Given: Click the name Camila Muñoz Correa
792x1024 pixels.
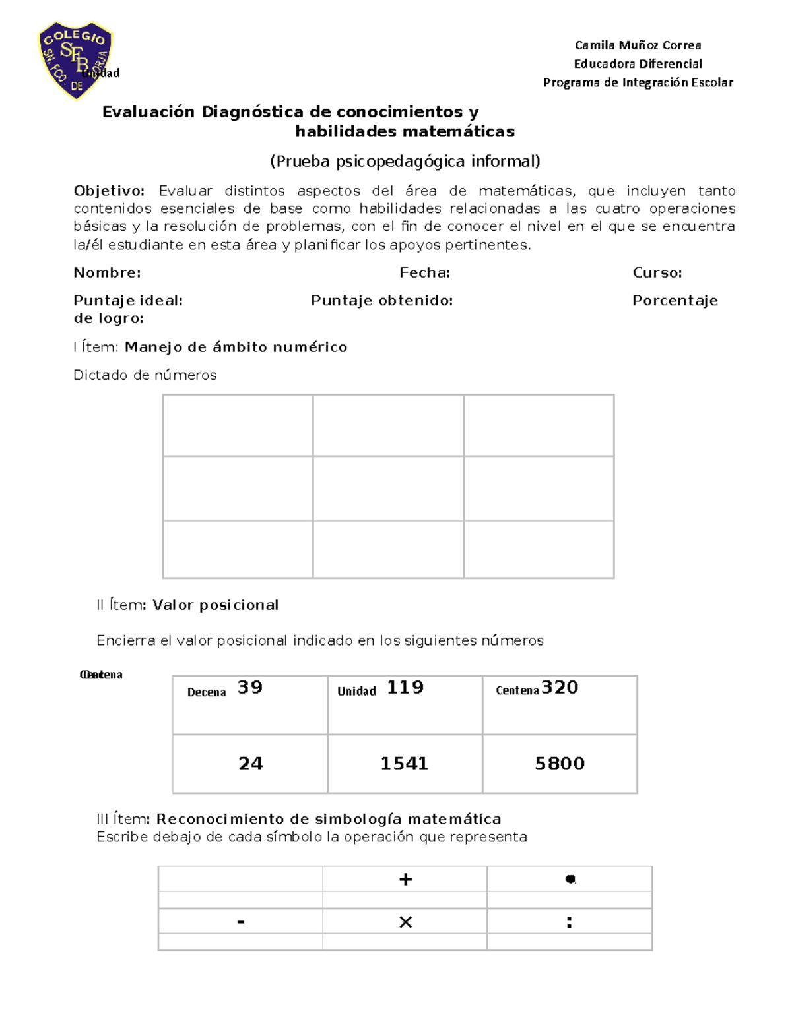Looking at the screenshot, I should coord(638,45).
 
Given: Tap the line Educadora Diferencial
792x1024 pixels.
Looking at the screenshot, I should coord(638,64).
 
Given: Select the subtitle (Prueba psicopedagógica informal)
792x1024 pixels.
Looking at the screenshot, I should coord(405,162).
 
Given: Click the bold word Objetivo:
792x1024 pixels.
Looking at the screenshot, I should coord(109,191).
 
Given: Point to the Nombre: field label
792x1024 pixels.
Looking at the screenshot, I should coord(107,273).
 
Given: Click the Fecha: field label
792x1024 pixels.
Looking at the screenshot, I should coord(424,273).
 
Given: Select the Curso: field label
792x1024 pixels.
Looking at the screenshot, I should coord(657,273).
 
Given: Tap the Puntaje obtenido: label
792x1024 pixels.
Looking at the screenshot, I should coord(381,301).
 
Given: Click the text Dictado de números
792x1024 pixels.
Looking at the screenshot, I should coord(145,375).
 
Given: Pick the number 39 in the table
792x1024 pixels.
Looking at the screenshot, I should coord(250,688).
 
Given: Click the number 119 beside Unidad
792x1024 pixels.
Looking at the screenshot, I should coord(405,688).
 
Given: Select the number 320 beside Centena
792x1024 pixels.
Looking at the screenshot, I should coord(560,688).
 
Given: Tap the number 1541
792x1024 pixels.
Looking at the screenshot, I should coord(404,764).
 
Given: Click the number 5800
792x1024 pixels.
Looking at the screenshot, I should coord(560,764).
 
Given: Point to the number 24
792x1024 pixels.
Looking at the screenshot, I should coord(250,764).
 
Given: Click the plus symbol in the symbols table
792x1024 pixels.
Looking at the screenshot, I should coord(405,879).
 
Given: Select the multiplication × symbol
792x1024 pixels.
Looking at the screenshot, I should coord(405,922).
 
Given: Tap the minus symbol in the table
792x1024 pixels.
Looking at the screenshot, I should coord(241,922).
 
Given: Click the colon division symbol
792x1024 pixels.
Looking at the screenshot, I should coord(569,922).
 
